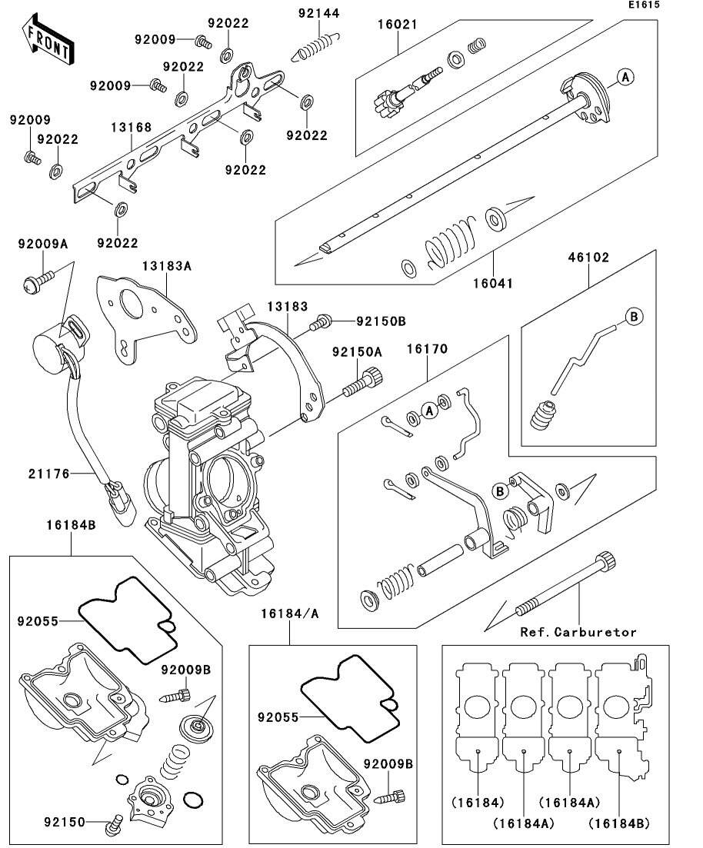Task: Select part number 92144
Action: tap(319, 13)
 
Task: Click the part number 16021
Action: tap(397, 25)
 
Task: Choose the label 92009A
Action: tap(43, 244)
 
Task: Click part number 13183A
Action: tap(165, 265)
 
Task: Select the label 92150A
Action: tap(357, 351)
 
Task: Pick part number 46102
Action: tap(589, 258)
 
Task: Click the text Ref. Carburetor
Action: tap(578, 632)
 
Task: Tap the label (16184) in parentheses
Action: tap(478, 803)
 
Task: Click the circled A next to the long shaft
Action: tap(625, 76)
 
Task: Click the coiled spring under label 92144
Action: tap(315, 46)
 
